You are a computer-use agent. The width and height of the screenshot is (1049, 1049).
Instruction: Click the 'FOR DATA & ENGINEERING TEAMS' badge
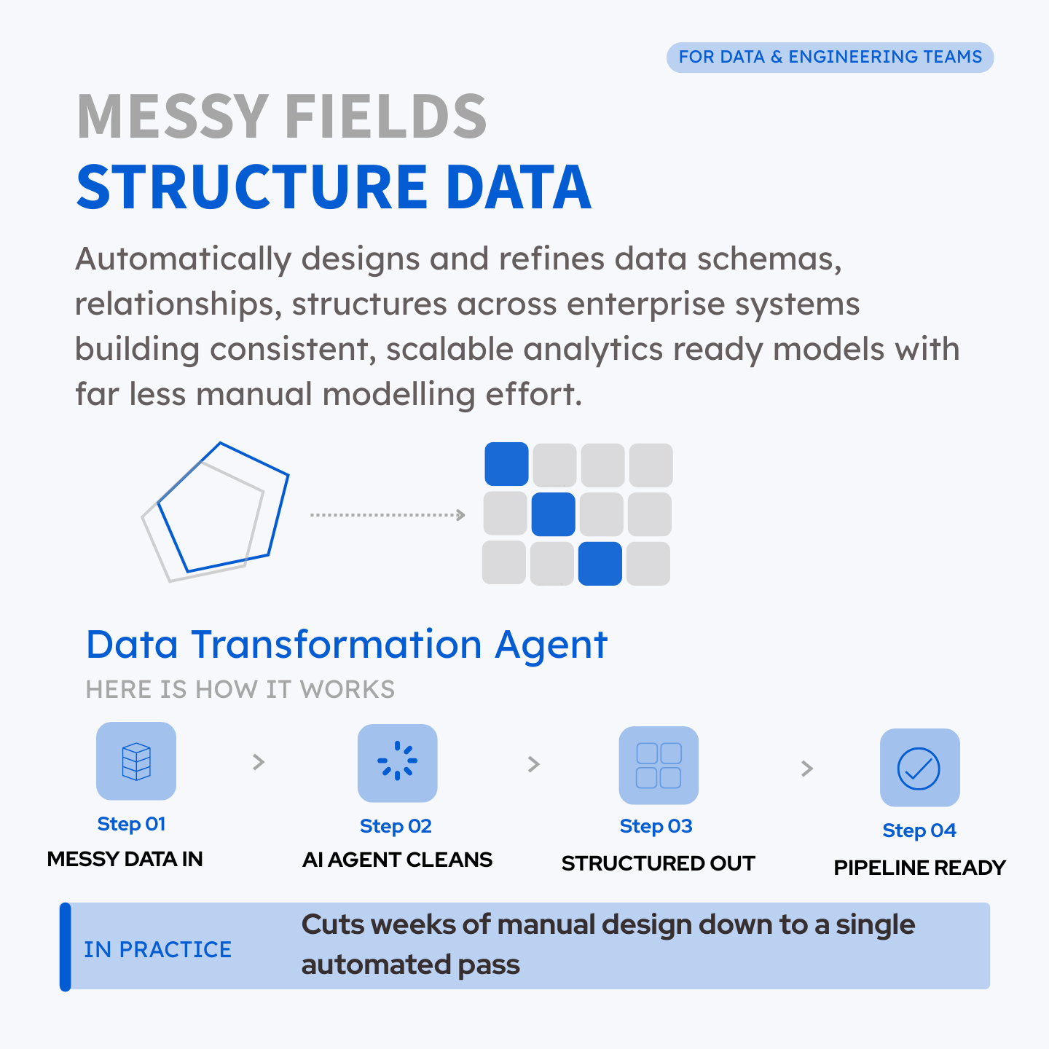830,57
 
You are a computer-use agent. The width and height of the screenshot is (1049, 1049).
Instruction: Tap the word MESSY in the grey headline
173,117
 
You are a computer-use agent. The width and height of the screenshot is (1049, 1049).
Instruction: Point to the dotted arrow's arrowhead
460,514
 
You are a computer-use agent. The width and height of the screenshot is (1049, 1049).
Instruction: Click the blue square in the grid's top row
506,464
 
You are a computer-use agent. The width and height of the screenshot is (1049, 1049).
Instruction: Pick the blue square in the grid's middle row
553,514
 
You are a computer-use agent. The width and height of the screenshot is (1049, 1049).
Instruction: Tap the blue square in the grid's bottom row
600,563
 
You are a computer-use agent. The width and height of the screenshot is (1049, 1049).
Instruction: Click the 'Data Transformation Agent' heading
347,645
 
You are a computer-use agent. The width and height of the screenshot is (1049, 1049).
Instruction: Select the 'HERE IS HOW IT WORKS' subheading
240,689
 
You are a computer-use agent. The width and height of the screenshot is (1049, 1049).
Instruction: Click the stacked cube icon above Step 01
136,761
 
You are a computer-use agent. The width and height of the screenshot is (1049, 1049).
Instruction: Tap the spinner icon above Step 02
398,761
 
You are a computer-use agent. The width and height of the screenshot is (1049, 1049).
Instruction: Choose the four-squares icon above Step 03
659,766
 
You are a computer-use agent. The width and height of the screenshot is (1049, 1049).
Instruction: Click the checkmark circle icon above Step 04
919,769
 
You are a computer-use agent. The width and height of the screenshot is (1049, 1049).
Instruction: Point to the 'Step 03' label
656,826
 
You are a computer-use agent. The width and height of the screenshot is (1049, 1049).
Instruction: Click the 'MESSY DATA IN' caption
125,859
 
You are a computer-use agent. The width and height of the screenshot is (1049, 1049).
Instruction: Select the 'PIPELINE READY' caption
920,868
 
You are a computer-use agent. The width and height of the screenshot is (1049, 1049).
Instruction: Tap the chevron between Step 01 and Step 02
259,762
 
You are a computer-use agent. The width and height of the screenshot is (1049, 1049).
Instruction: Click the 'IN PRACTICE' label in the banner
158,950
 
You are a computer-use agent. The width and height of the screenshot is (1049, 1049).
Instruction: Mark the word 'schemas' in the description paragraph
769,259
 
